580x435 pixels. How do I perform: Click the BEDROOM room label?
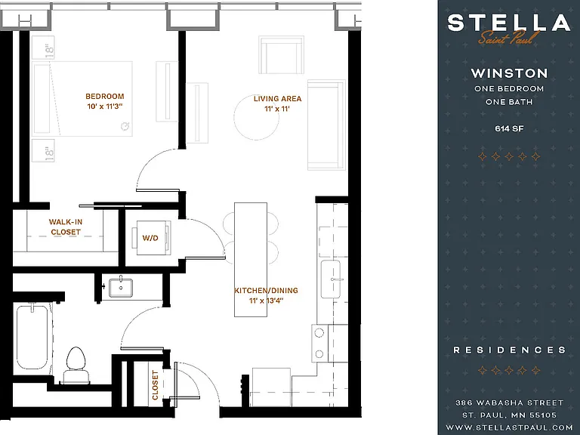105,96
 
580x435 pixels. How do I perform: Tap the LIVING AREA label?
277,99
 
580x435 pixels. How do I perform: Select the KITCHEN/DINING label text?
266,290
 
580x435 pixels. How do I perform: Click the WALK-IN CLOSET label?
66,227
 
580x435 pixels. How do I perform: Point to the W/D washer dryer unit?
152,237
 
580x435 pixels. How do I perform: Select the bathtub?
32,336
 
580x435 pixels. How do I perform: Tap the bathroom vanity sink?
121,288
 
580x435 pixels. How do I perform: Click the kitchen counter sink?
330,279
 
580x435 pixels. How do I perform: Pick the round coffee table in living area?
256,117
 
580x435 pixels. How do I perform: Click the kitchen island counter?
251,259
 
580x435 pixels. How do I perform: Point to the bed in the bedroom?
82,99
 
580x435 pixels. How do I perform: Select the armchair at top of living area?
282,54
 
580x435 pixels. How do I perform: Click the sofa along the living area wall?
326,125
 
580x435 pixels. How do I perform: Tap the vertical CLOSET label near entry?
155,385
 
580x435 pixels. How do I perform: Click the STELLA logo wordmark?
509,22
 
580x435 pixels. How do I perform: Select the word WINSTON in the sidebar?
509,72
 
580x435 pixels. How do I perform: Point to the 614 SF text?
509,128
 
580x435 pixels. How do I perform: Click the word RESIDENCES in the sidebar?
509,350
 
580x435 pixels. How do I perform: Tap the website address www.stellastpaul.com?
509,427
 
